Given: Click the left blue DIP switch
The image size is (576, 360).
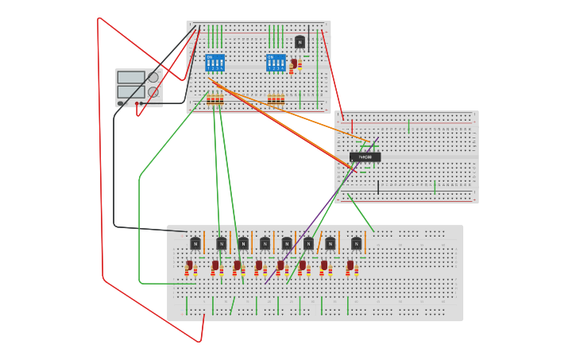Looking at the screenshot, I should tap(215, 62).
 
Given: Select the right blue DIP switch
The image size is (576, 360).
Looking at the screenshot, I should tap(276, 62).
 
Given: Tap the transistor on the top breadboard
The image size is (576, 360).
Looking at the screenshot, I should tap(300, 42).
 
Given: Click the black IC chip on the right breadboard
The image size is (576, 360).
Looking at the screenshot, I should tap(365, 157).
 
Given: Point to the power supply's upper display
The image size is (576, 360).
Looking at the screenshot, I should tap(130, 77).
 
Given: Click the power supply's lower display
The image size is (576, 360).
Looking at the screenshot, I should tap(130, 91).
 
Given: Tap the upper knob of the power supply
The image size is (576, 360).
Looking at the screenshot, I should tap(153, 77).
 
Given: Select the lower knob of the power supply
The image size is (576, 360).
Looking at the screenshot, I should tap(153, 92).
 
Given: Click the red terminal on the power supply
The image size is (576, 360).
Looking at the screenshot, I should tap(137, 103).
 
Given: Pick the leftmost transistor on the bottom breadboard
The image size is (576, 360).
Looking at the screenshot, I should tap(195, 243).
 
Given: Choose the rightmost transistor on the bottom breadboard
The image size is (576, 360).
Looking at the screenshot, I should tap(356, 243).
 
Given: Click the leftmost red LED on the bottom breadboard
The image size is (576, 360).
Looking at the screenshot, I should tap(190, 265).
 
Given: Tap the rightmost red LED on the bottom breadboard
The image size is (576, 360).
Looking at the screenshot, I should tap(350, 265).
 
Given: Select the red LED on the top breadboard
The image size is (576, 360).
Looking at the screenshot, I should tap(293, 64).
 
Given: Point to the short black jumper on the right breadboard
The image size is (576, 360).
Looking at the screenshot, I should tap(378, 187).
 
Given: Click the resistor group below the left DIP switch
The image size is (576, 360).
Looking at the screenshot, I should tap(215, 100).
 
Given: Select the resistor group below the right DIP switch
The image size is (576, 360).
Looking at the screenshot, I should tap(276, 100).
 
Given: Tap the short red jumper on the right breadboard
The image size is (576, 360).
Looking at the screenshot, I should tap(352, 126).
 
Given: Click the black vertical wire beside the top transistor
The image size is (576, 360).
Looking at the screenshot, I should tap(309, 36).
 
